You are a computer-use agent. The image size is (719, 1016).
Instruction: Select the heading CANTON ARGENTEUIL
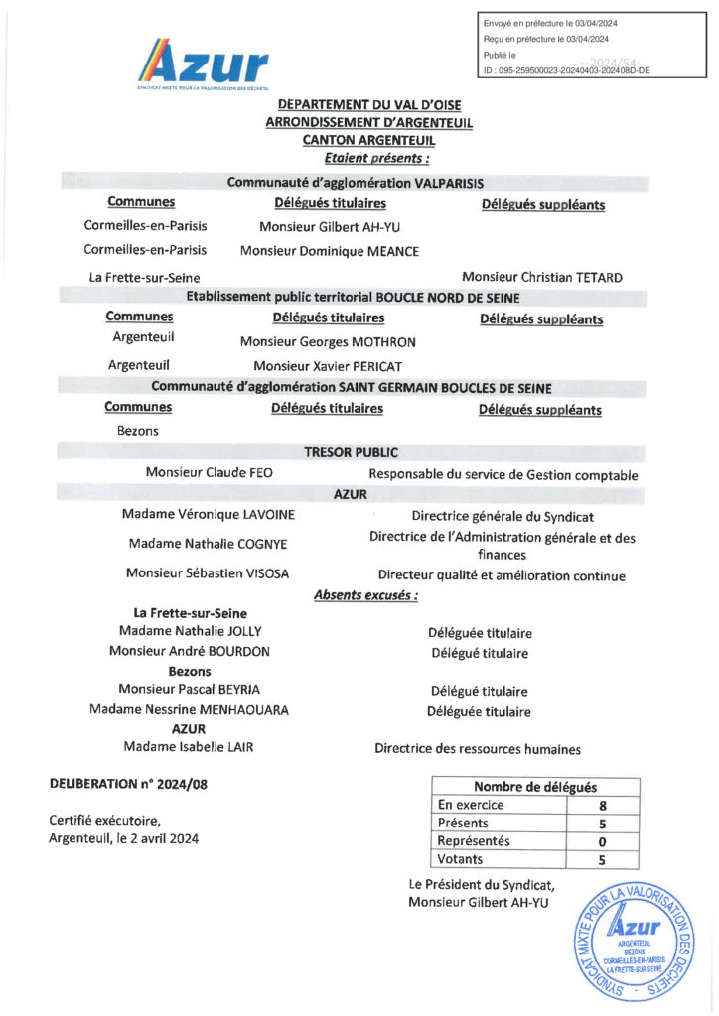pyautogui.click(x=368, y=140)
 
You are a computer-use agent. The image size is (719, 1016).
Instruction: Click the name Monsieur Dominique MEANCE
pyautogui.click(x=330, y=252)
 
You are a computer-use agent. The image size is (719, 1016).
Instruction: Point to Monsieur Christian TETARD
pyautogui.click(x=542, y=277)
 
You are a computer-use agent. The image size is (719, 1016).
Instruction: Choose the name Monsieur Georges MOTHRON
pyautogui.click(x=328, y=342)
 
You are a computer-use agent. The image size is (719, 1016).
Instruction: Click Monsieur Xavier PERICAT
pyautogui.click(x=328, y=366)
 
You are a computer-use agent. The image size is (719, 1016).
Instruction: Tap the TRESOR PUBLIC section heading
pyautogui.click(x=358, y=452)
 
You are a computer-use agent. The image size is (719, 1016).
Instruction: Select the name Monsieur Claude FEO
pyautogui.click(x=209, y=473)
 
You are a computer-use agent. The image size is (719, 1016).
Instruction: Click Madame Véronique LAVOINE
pyautogui.click(x=208, y=515)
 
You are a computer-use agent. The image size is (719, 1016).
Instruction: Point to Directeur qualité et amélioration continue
pyautogui.click(x=502, y=574)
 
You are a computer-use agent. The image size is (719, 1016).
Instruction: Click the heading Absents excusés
pyautogui.click(x=365, y=595)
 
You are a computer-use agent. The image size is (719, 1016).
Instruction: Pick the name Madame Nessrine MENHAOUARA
pyautogui.click(x=189, y=710)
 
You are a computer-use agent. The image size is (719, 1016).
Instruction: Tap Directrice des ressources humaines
pyautogui.click(x=477, y=749)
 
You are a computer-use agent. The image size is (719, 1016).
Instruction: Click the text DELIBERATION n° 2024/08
pyautogui.click(x=129, y=784)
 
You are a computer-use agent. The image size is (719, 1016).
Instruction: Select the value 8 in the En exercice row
pyautogui.click(x=602, y=805)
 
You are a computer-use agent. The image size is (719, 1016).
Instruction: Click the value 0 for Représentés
pyautogui.click(x=602, y=841)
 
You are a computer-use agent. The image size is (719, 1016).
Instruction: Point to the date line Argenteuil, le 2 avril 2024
pyautogui.click(x=123, y=838)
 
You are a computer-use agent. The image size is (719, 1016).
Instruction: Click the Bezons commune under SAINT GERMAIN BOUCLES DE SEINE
pyautogui.click(x=138, y=431)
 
